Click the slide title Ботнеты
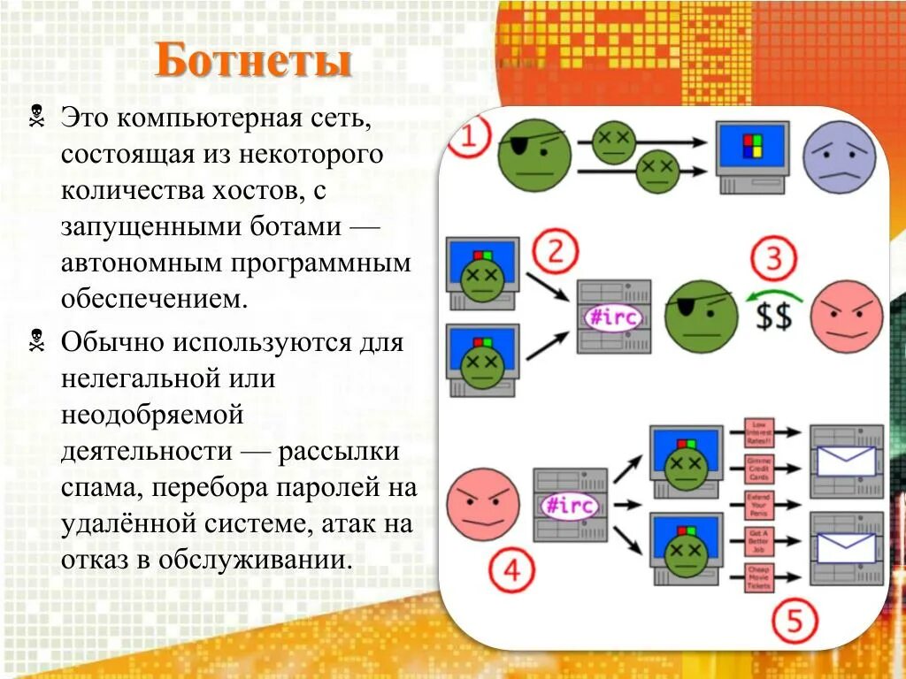[254, 62]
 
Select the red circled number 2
[555, 252]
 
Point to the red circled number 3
[773, 260]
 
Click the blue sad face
[839, 156]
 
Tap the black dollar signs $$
[772, 316]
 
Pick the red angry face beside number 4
[483, 504]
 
